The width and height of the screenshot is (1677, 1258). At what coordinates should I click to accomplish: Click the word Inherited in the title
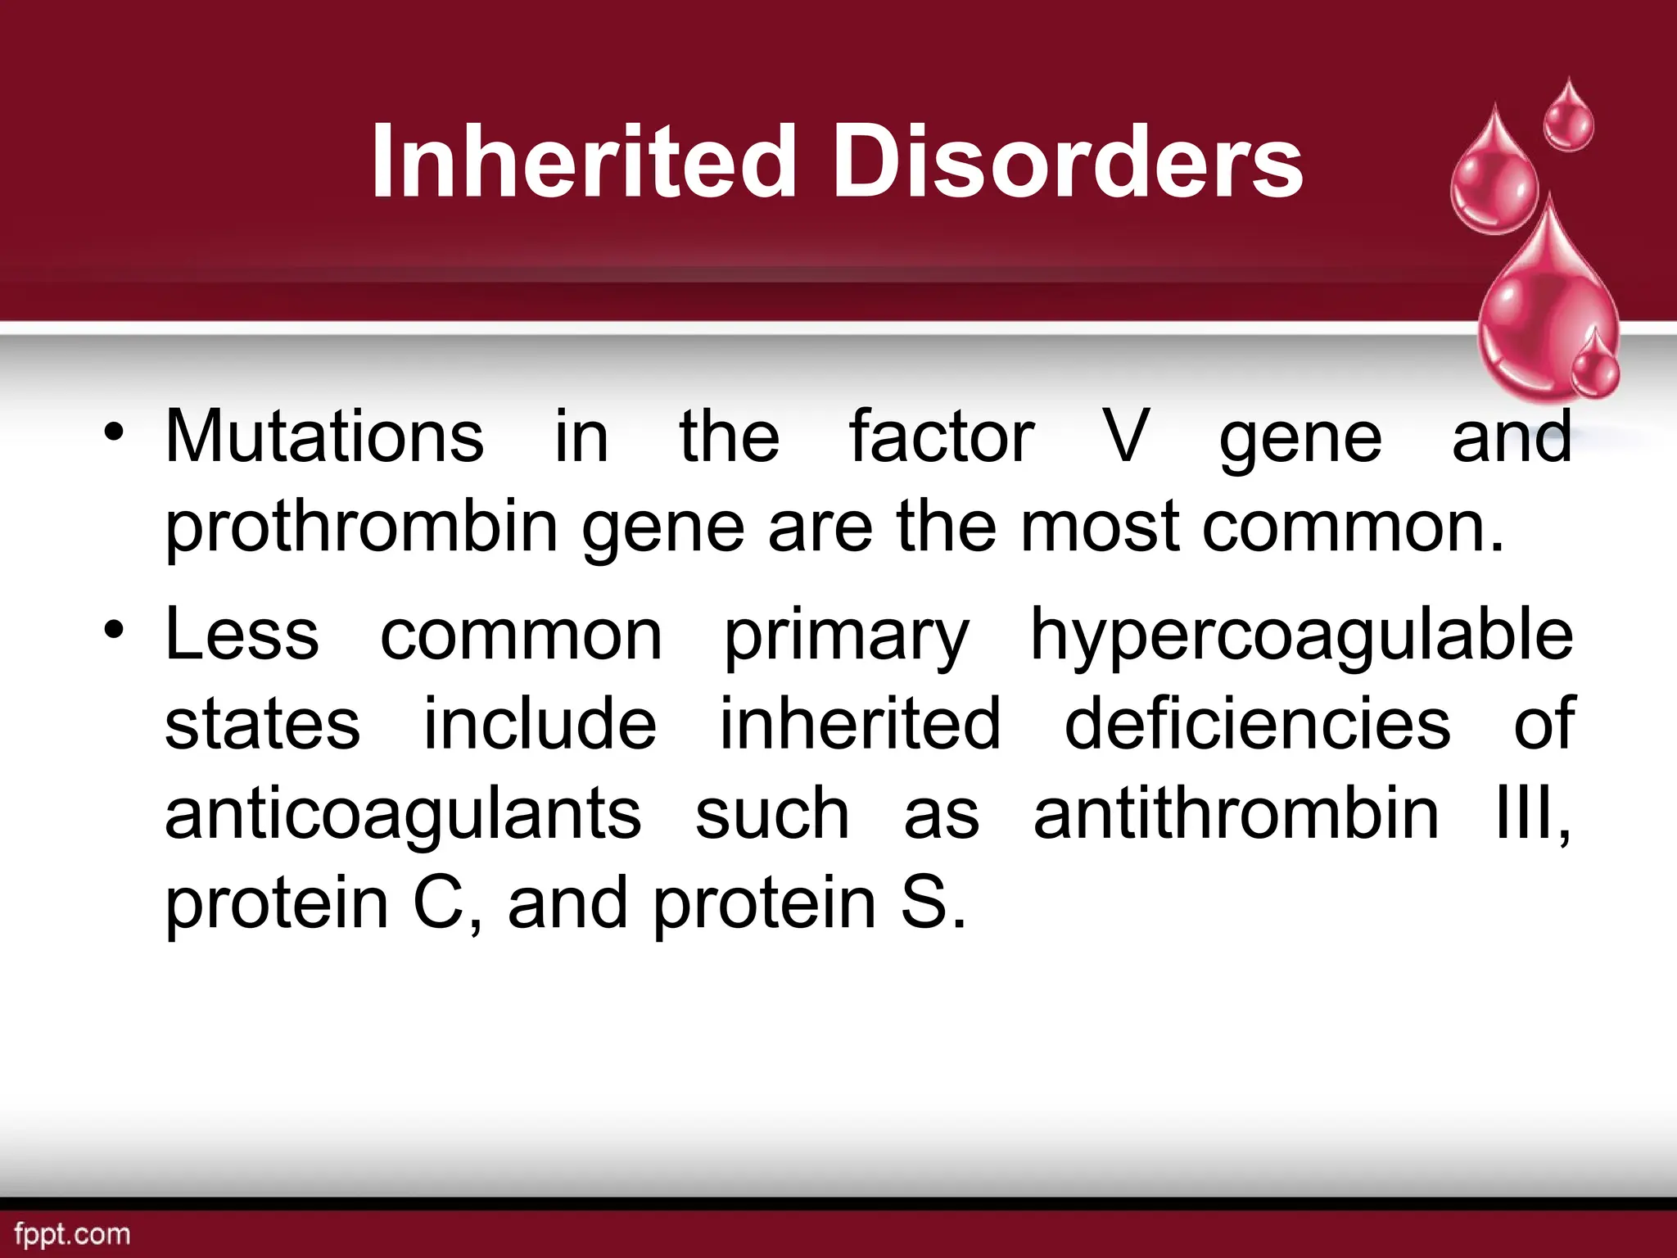pyautogui.click(x=583, y=161)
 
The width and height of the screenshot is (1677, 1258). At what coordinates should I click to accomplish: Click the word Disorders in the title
pyautogui.click(x=1068, y=161)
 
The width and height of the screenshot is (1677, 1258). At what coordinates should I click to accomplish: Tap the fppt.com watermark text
pyautogui.click(x=72, y=1234)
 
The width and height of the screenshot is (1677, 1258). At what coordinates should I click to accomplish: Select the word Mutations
pyautogui.click(x=324, y=437)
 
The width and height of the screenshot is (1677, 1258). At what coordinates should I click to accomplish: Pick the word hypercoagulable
pyautogui.click(x=1301, y=635)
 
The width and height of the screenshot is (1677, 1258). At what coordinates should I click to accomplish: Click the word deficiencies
pyautogui.click(x=1257, y=724)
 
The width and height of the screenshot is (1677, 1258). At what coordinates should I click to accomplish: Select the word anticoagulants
pyautogui.click(x=403, y=814)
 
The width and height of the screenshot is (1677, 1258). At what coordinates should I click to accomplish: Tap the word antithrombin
pyautogui.click(x=1236, y=814)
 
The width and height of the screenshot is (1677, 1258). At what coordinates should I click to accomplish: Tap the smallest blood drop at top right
pyautogui.click(x=1568, y=119)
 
